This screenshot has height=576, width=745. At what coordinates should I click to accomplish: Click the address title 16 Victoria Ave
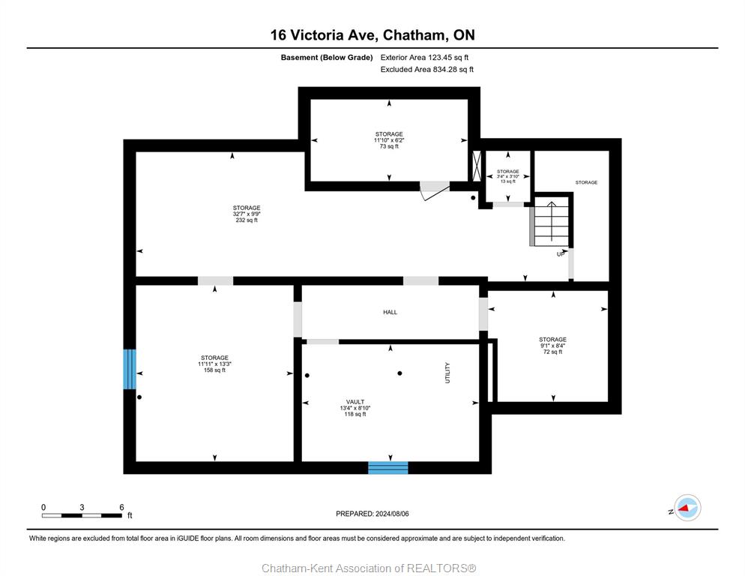[322, 35]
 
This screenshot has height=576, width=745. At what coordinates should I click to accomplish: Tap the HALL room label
[390, 312]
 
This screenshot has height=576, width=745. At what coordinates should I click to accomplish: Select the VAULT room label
[355, 402]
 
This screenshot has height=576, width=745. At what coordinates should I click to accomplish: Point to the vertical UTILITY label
[447, 373]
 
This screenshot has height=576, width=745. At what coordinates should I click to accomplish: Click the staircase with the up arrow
[551, 222]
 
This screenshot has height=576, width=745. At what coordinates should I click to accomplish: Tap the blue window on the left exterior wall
[129, 369]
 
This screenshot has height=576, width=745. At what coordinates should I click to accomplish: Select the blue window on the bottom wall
[388, 467]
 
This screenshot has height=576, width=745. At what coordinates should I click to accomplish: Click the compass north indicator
[687, 508]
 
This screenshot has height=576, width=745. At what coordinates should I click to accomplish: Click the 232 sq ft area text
[247, 220]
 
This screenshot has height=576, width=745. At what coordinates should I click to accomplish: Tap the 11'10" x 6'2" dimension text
[389, 140]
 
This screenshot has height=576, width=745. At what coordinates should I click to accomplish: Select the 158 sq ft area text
[214, 370]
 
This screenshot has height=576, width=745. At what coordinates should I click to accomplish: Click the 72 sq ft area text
[552, 352]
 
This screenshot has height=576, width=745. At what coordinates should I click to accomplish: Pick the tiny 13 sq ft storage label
[508, 181]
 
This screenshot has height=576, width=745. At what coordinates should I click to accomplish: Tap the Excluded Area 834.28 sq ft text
[426, 70]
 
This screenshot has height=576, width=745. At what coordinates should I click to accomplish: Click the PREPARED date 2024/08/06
[372, 514]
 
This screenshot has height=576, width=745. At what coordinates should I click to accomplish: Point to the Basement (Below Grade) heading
[327, 58]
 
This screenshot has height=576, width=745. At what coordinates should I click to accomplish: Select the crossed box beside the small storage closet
[476, 166]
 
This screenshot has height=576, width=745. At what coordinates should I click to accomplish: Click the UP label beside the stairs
[561, 254]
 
